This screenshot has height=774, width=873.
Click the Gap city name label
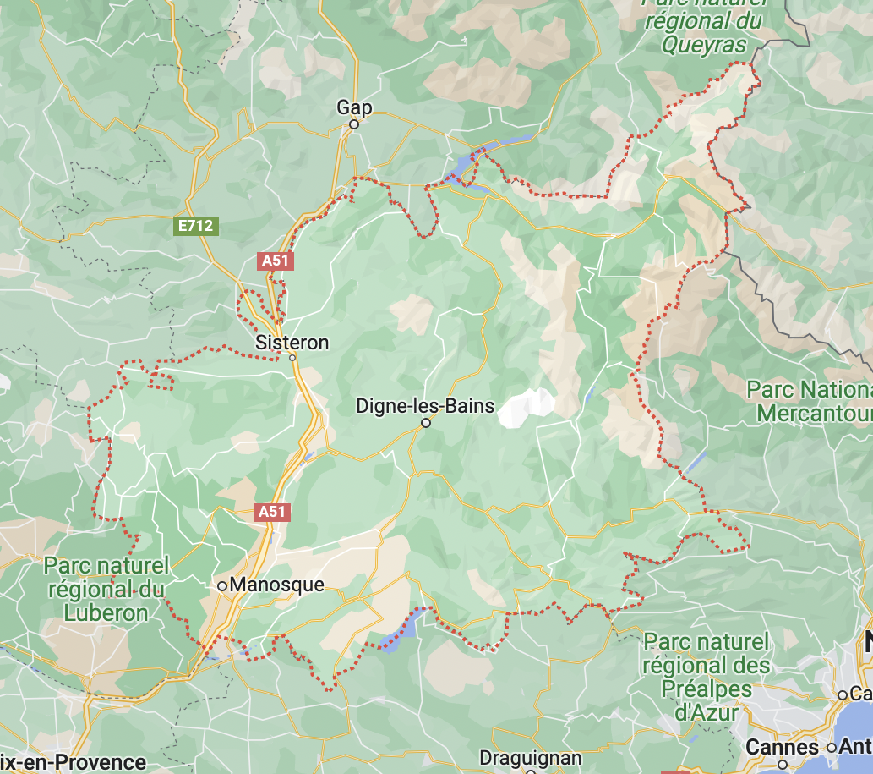tap(354, 107)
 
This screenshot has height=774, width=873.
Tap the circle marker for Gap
tap(355, 124)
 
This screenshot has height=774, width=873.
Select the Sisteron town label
tap(292, 343)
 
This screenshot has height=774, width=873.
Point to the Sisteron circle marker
tap(292, 358)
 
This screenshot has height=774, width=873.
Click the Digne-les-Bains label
tap(425, 406)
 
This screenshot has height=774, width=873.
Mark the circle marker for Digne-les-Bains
tap(426, 423)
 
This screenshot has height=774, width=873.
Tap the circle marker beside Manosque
tap(222, 585)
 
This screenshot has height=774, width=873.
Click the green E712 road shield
tap(196, 226)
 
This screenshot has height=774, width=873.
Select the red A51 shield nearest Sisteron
tap(276, 261)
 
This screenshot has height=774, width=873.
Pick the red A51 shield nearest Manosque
tap(273, 512)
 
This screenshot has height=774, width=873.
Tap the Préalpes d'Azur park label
tap(706, 677)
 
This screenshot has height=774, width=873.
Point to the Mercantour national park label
tap(811, 402)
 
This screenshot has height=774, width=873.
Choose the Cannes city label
tap(782, 747)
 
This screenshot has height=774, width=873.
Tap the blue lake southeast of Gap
tap(465, 167)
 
